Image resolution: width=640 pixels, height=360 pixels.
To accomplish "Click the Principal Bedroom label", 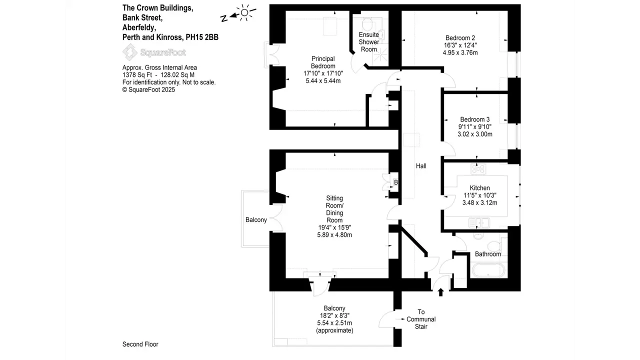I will (x=323, y=62).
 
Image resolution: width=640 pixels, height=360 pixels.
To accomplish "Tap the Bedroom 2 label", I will (x=460, y=38).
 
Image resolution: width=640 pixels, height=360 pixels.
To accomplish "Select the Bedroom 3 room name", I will (x=474, y=119).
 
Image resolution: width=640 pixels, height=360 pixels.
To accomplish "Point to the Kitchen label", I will (x=479, y=188).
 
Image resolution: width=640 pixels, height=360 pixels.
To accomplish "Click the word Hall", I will (x=421, y=166).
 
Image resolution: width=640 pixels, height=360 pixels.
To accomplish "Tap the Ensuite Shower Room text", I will (x=369, y=42).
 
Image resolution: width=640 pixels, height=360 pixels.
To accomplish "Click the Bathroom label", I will (x=487, y=254).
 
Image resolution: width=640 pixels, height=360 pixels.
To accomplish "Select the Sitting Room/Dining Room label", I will (x=334, y=209).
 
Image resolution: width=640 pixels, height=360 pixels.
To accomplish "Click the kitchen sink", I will (x=481, y=221).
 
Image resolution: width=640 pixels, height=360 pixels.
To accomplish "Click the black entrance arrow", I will (x=440, y=292).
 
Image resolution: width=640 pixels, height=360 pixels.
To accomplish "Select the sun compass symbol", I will (x=244, y=12).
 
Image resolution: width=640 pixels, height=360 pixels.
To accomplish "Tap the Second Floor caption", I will (x=140, y=344).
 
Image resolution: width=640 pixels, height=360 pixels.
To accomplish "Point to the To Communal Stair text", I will (x=421, y=319).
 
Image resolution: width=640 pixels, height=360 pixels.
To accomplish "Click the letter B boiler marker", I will (x=395, y=182).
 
